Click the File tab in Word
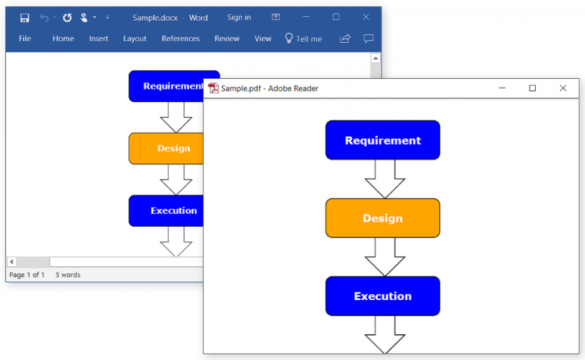(25, 39)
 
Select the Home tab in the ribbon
(63, 39)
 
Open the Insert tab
(98, 39)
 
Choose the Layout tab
(135, 39)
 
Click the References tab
(181, 39)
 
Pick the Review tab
(227, 39)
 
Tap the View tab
(263, 39)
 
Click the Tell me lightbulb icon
(289, 38)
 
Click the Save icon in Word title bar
(25, 18)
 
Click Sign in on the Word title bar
(239, 18)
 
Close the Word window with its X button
(366, 18)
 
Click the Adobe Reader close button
(563, 88)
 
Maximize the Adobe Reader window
(532, 88)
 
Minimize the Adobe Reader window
(502, 88)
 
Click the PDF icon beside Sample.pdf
(214, 88)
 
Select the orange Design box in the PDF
(382, 218)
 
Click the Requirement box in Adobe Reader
(382, 140)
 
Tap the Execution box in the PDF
(382, 296)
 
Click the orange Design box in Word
(166, 149)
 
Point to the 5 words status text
(68, 275)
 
